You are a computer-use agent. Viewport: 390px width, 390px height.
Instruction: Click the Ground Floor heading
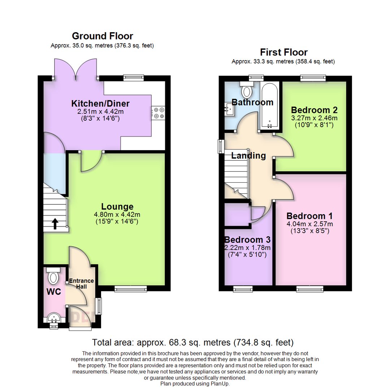(x=102, y=36)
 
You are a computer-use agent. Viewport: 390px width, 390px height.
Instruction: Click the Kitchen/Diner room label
(x=100, y=104)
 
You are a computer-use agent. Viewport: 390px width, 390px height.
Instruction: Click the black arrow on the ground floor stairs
(x=55, y=224)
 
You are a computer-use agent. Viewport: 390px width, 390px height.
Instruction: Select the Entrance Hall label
(x=81, y=284)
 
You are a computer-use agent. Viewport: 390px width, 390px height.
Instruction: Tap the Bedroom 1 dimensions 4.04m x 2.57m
(x=309, y=224)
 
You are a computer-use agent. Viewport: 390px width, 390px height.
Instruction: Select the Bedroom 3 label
(x=247, y=240)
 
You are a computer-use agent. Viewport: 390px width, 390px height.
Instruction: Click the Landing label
(x=248, y=156)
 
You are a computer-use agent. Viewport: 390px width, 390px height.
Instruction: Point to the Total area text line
(x=193, y=342)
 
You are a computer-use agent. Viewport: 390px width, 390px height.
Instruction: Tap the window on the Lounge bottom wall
(x=131, y=288)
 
